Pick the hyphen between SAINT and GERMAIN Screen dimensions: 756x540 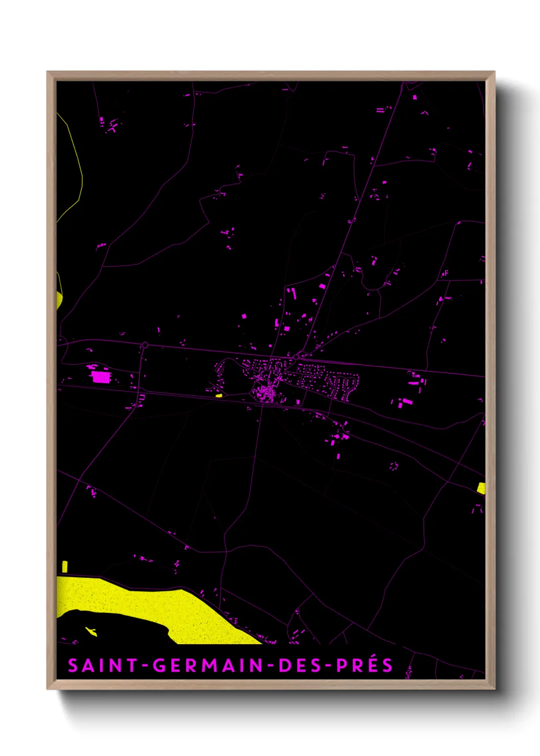(145, 666)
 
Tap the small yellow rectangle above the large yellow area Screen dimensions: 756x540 (65, 566)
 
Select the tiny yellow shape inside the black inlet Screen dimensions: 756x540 (91, 631)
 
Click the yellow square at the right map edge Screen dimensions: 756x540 (481, 488)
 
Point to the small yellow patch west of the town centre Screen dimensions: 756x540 (219, 395)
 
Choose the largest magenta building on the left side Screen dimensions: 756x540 (101, 377)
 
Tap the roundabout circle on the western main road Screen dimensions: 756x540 (145, 345)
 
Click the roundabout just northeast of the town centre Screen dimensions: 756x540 (296, 357)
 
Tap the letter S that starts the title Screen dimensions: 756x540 (72, 666)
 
